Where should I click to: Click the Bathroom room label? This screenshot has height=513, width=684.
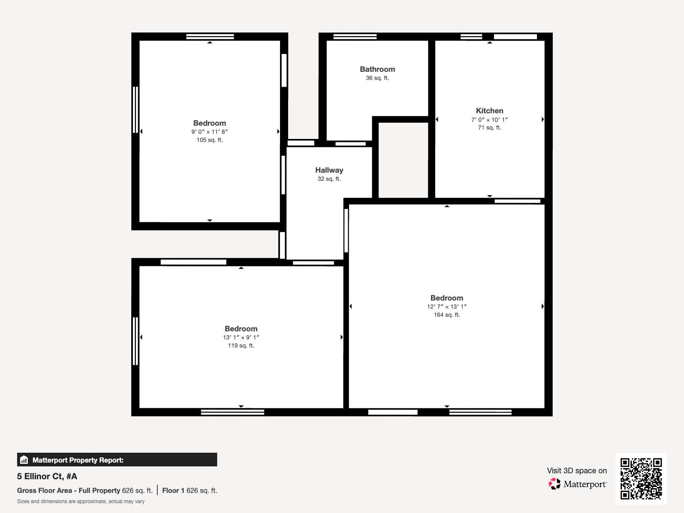point(377,69)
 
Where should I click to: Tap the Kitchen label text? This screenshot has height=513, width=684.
point(489,111)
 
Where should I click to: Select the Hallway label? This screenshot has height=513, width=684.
point(329,170)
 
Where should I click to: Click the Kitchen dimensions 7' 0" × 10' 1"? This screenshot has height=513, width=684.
point(489,120)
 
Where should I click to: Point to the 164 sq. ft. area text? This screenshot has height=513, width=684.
point(447,315)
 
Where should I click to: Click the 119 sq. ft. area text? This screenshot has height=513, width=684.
point(241,346)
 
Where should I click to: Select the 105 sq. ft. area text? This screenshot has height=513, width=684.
point(210,140)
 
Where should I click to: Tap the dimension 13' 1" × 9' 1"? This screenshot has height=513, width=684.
point(241,337)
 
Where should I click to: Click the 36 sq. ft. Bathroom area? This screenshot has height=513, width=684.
point(377,78)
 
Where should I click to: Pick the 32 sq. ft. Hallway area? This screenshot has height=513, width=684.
point(329,179)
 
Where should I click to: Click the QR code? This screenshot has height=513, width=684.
point(641,478)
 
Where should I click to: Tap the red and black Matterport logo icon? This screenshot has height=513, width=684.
point(554,484)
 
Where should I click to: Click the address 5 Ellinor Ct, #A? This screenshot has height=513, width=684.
point(47,476)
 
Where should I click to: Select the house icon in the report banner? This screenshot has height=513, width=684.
point(24,460)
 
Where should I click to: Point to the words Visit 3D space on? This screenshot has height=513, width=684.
point(577,471)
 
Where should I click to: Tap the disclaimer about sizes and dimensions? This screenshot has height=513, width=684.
point(81,501)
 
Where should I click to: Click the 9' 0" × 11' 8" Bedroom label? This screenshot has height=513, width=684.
point(210,123)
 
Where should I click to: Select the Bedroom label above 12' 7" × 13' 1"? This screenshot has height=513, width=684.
point(447,298)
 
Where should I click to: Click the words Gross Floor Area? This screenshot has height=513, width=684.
point(44,491)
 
